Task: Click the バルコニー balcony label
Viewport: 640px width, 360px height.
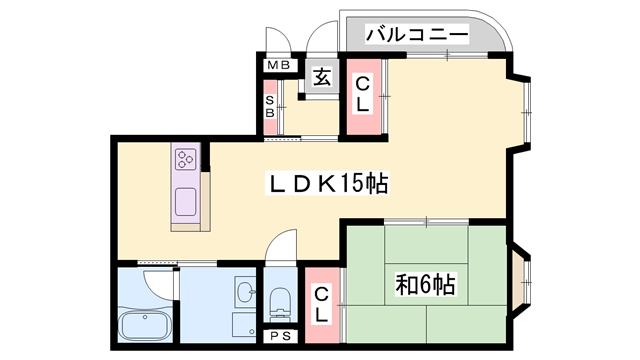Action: (x=418, y=34)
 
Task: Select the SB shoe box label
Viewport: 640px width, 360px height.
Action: (x=270, y=105)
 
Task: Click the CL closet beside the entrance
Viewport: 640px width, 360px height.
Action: (x=361, y=94)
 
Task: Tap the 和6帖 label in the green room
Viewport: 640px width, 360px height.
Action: (x=426, y=284)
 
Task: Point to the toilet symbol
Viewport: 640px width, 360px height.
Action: (x=280, y=301)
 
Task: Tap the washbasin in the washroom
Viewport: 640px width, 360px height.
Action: (x=244, y=292)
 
